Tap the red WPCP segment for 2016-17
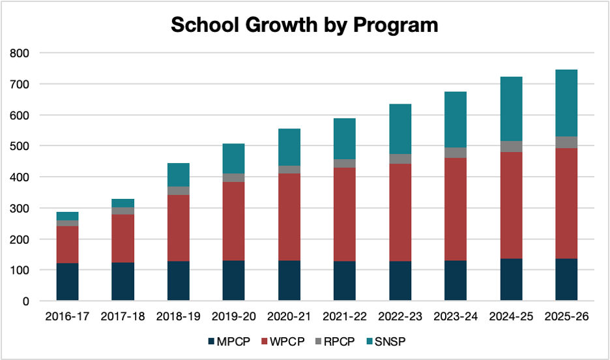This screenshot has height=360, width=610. (x=67, y=245)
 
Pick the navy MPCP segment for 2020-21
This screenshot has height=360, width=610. (x=289, y=281)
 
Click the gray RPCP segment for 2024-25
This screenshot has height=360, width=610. (x=510, y=146)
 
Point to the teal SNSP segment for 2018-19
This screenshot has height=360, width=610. (x=178, y=174)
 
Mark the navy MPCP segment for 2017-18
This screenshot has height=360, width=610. (x=123, y=282)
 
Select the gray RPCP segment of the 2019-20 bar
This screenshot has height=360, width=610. (x=233, y=177)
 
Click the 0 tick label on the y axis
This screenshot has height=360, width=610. (x=26, y=301)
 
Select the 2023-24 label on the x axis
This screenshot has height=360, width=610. (x=455, y=317)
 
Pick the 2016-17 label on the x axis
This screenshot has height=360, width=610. (x=67, y=317)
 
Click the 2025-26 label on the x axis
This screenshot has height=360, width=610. (x=566, y=317)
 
